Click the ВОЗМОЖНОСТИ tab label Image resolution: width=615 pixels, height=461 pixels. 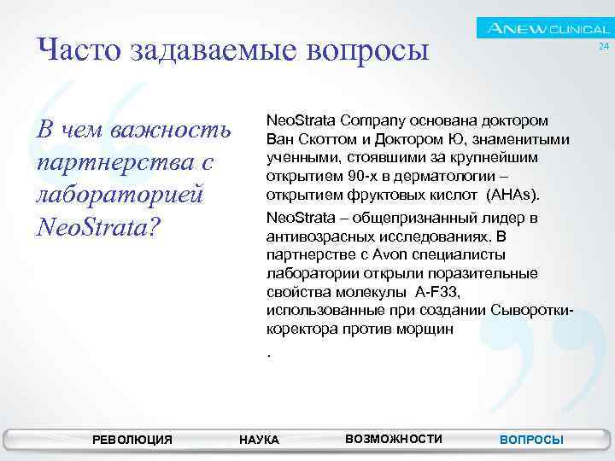394,438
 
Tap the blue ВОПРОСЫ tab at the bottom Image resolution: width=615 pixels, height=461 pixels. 531,439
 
